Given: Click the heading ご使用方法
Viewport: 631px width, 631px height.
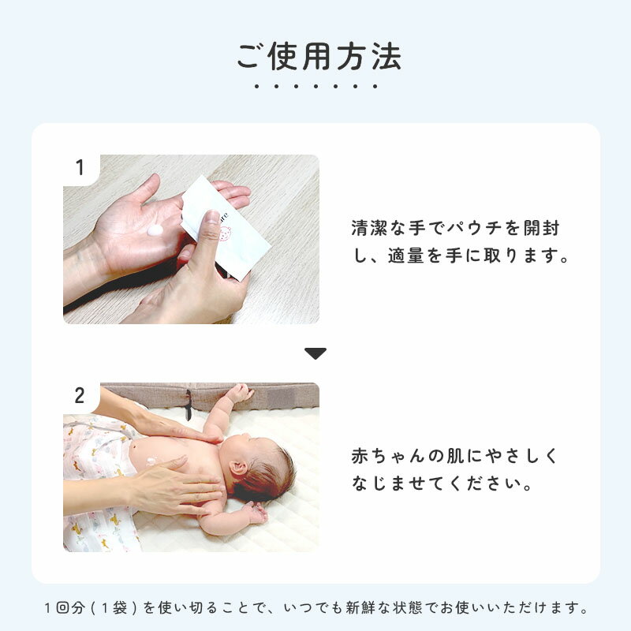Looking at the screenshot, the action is tap(319, 57).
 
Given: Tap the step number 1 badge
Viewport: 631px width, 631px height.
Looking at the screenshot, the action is tap(80, 167).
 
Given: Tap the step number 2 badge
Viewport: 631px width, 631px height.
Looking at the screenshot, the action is tap(80, 395).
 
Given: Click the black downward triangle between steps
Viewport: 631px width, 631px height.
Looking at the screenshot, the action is tap(315, 353).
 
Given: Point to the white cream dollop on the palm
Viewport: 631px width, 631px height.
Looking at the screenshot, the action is tap(155, 230).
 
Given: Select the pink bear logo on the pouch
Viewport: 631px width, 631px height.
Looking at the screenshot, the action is tap(225, 233).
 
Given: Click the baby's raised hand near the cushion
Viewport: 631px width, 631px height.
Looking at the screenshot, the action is tap(241, 392).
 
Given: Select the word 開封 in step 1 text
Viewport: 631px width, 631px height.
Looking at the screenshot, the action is tap(541, 228).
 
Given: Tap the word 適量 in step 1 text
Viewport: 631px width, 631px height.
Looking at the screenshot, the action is tap(406, 255).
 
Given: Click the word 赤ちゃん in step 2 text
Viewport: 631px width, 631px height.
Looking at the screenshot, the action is tap(388, 456).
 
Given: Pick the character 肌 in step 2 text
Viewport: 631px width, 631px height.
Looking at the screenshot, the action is tap(455, 456).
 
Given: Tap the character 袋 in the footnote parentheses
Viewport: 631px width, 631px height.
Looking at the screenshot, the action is tap(120, 607).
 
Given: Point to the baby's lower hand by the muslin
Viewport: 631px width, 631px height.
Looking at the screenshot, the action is tap(255, 513).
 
